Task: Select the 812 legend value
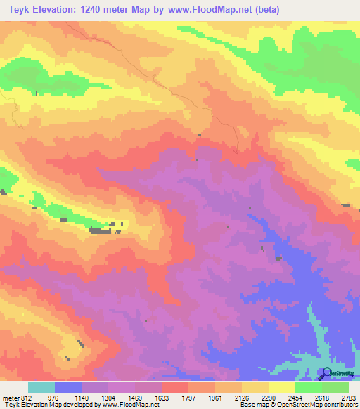27,398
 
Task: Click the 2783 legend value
349,398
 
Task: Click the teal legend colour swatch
41,387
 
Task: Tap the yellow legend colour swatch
281,387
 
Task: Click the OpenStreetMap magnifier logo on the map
327,372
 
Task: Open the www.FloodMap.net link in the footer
129,405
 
